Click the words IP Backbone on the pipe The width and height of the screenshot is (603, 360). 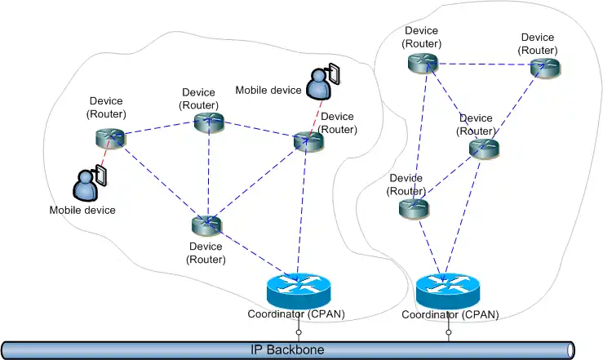tap(286, 350)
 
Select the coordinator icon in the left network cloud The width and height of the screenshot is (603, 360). tap(298, 288)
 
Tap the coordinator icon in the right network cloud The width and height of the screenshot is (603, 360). tap(447, 288)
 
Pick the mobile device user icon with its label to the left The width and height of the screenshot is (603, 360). tap(319, 80)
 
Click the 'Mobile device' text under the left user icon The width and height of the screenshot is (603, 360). tap(82, 210)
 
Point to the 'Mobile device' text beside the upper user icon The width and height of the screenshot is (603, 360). tap(268, 89)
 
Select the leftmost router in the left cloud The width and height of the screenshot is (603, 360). tap(110, 137)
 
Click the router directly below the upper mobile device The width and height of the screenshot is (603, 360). tap(308, 141)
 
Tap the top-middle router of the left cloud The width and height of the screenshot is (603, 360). tap(209, 122)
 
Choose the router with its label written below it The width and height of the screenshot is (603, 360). tap(206, 224)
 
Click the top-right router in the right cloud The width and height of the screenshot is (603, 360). tap(544, 68)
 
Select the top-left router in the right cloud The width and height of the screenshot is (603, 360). tap(424, 62)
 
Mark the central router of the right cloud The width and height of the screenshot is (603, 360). tap(483, 148)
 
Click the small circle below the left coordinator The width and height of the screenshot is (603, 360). tap(299, 333)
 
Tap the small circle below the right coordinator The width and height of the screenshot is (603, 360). tap(448, 333)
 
